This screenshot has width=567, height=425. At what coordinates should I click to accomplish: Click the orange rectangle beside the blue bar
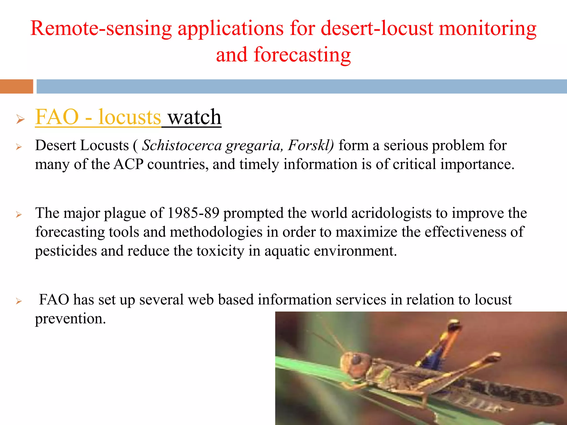coord(16,86)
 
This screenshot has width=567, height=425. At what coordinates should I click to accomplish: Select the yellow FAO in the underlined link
coord(57,117)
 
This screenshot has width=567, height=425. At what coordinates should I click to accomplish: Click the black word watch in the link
coord(194,117)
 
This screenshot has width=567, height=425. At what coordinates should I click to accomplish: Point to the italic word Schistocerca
coord(182,146)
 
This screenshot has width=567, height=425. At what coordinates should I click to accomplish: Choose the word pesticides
coord(66,251)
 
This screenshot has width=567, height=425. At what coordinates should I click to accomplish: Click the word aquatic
coord(287,251)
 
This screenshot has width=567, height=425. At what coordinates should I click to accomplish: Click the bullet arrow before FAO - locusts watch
coord(20,119)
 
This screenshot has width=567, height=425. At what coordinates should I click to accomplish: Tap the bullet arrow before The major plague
coord(19,214)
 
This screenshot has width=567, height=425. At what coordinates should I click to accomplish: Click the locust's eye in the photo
coord(356,359)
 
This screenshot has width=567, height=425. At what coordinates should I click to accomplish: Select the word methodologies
coord(216,232)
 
